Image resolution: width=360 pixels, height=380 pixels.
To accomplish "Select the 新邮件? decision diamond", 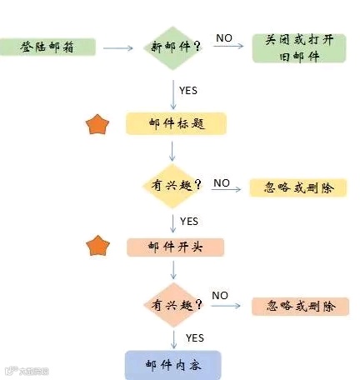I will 174,47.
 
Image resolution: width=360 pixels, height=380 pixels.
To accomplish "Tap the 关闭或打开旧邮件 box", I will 298,47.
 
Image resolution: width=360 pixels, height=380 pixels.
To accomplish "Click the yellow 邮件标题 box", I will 176,123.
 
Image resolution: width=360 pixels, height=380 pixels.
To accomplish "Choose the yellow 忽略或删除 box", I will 297,187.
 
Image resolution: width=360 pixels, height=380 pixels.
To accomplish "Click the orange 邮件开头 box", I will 176,247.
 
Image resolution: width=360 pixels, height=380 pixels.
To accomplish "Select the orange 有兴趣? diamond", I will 176,306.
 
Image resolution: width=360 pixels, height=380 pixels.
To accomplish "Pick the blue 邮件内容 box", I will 172,365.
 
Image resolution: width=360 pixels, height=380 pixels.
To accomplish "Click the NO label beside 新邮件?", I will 224,37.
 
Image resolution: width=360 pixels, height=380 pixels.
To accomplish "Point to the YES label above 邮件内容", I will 194,337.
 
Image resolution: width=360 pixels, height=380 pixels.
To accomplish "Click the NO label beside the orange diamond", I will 220,295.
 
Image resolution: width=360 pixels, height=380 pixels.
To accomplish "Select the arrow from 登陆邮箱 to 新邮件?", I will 117,47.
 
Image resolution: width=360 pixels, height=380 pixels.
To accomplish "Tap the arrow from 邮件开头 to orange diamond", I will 172,270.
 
